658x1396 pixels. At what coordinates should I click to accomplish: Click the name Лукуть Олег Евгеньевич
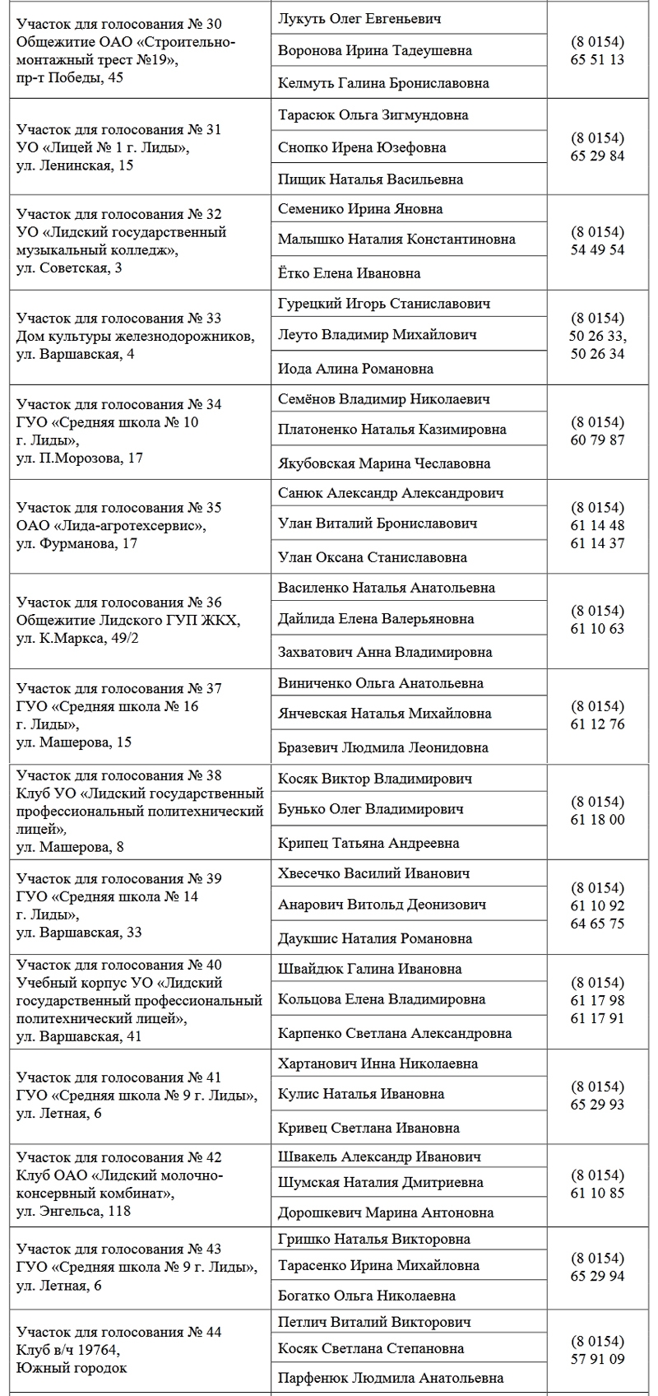[359, 18]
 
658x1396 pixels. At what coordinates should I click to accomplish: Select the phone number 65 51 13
[597, 60]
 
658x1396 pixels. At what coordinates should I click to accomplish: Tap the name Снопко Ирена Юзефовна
[362, 147]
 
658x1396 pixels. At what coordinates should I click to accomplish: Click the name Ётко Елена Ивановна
[349, 273]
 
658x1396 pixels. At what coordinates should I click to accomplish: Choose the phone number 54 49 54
[597, 249]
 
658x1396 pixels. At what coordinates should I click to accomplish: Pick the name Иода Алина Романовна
[355, 369]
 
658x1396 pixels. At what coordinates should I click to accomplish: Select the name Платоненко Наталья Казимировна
[392, 429]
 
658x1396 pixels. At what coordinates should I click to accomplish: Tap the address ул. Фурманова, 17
[76, 543]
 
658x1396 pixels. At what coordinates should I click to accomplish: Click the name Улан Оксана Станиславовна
[373, 557]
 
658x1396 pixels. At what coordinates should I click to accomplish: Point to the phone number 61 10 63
[597, 629]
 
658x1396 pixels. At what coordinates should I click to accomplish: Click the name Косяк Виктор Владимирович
[374, 778]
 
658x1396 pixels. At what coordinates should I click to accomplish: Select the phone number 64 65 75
[597, 924]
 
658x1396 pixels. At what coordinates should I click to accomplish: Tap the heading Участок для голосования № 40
[118, 965]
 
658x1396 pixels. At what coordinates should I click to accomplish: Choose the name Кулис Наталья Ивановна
[361, 1094]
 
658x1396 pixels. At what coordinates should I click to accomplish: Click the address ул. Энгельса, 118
[73, 1211]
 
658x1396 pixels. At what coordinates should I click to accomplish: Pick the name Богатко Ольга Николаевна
[367, 1296]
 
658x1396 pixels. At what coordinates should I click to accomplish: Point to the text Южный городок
[72, 1368]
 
